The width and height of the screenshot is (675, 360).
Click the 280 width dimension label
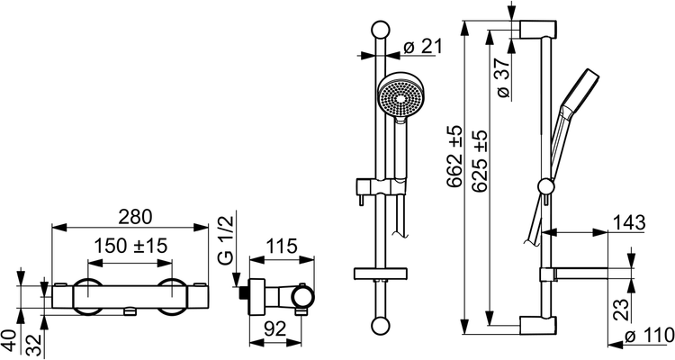click(136, 217)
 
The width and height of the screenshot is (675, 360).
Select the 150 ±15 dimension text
click(130, 247)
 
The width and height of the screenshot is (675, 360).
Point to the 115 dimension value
click(281, 247)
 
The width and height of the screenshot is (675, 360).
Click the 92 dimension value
click(274, 329)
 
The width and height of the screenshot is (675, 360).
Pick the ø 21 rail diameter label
click(423, 47)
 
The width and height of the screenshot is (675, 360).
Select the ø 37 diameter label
click(503, 77)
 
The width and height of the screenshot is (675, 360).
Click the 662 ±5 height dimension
click(454, 156)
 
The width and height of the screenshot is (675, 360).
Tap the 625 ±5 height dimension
click(480, 160)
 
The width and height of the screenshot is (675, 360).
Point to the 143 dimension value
click(629, 223)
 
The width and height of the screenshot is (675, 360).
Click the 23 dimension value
click(621, 309)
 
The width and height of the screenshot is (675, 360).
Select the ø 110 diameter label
click(649, 335)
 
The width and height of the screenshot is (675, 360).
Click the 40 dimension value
click(12, 341)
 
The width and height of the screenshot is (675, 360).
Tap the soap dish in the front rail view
click(381, 274)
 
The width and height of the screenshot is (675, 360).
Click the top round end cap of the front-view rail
click(380, 30)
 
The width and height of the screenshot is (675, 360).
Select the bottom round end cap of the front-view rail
click(380, 325)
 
